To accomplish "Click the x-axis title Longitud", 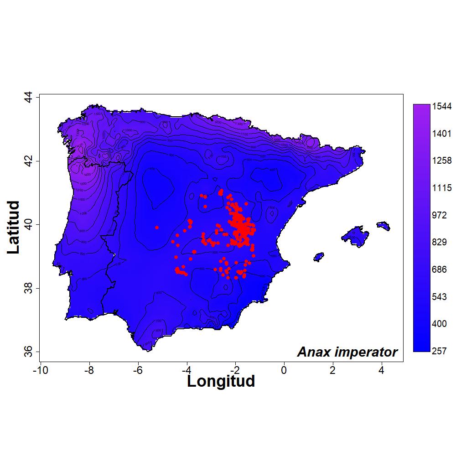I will [221, 381].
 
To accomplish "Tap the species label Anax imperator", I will [347, 352].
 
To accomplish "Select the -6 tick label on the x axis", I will [138, 369].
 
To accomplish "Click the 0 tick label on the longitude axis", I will [284, 369].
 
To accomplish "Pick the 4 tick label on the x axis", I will [381, 369].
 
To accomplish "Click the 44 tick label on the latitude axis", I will [28, 98].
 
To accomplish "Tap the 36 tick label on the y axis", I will [28, 352].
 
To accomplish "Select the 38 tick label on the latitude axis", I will [28, 288].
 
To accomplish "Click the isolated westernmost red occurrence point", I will [156, 227].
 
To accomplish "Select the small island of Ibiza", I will [319, 257].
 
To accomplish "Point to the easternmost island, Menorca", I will [383, 225].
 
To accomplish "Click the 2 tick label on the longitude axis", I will [332, 369].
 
